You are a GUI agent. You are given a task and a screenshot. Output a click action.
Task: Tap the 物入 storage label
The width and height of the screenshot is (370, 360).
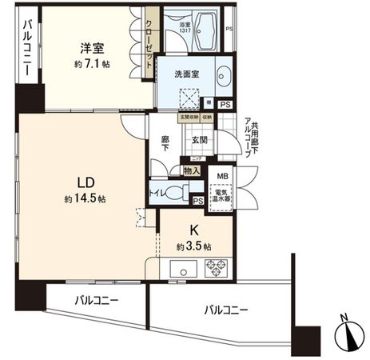click(191, 171)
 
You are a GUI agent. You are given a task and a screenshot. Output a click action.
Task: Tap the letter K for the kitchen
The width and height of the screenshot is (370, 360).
click(193, 230)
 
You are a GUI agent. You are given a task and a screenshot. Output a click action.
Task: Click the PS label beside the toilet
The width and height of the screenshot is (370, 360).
click(197, 199)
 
